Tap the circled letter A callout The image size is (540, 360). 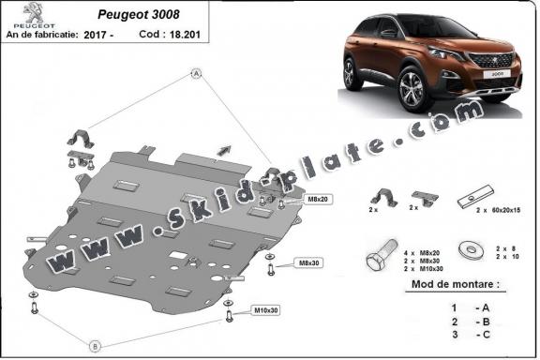point(197,73)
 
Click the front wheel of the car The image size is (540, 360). point(410,92)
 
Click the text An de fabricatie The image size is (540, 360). point(42,33)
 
